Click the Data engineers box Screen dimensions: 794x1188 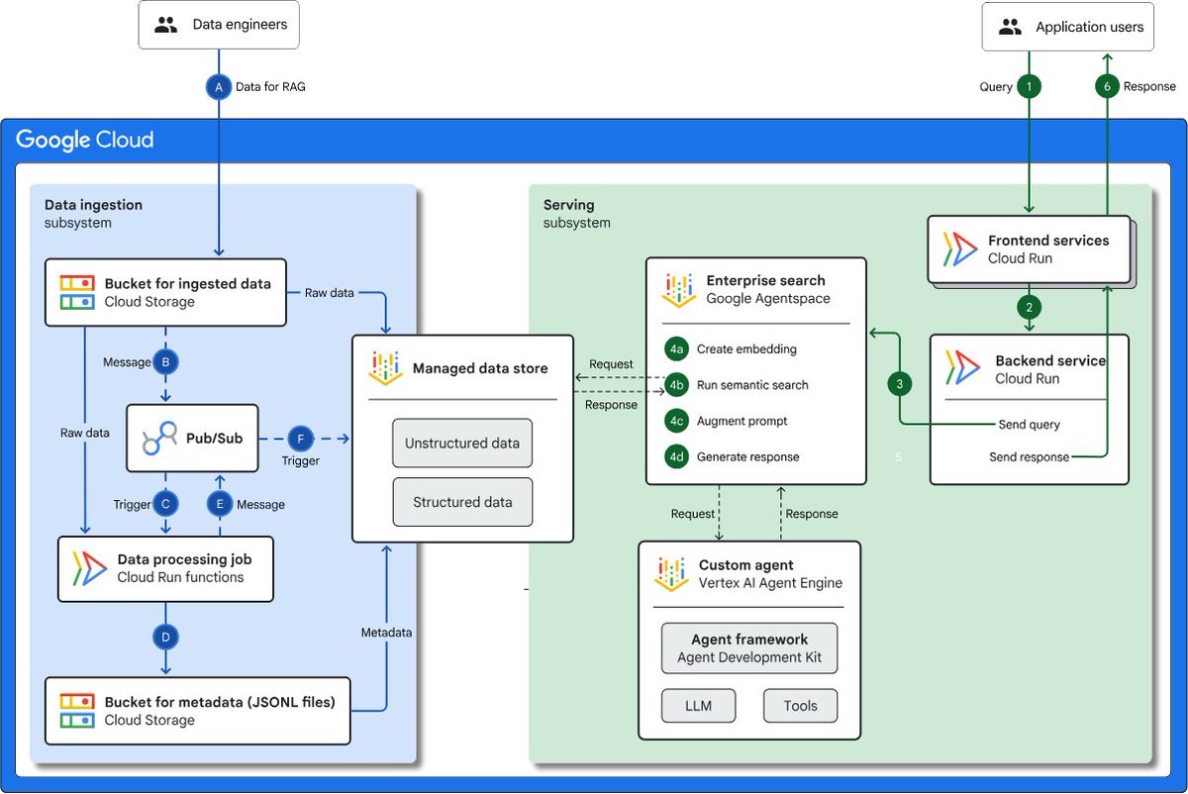219,26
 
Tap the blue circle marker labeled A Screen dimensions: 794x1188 218,87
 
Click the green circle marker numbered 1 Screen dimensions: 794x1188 1030,87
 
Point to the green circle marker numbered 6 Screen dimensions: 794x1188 1108,87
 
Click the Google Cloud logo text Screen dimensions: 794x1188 85,140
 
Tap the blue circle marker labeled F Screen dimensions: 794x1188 299,438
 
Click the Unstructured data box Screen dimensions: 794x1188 462,444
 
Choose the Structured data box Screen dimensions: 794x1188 462,502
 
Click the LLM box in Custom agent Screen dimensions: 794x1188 699,706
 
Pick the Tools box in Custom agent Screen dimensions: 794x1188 800,706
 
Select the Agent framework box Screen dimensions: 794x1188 749,647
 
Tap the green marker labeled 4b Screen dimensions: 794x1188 677,385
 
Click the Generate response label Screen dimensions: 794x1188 747,456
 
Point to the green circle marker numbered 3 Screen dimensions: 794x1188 900,384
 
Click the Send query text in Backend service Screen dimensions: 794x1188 1030,425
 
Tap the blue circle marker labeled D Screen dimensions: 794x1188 165,636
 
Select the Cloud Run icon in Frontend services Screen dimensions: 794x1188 960,249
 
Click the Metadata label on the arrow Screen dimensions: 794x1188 386,632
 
